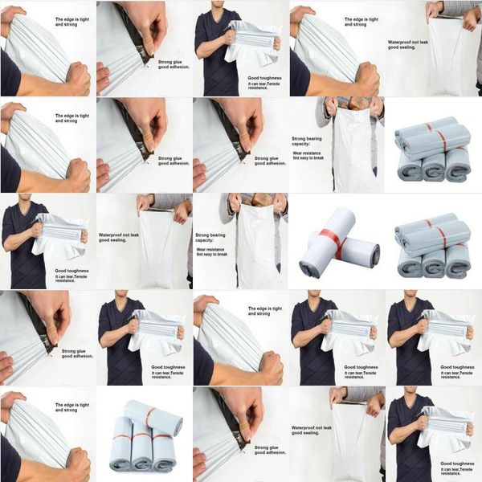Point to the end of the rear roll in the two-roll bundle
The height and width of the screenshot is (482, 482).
(x=371, y=254)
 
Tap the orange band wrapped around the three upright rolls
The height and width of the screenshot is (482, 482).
(x=141, y=439)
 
